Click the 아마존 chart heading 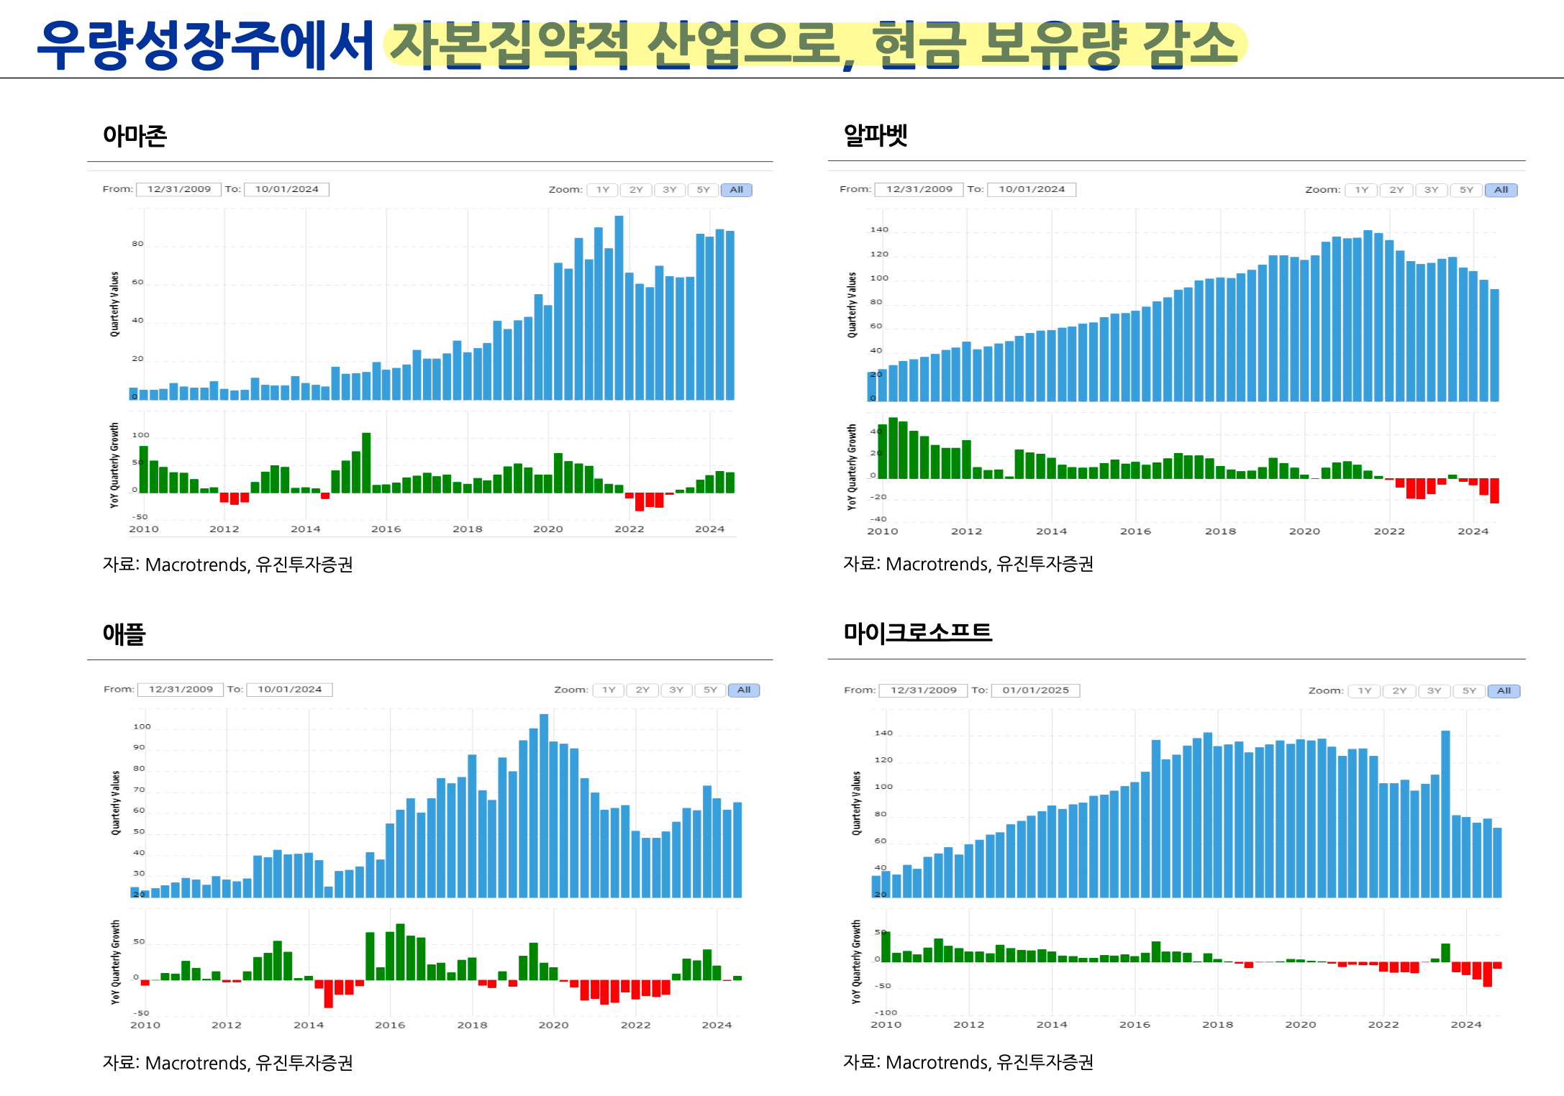click(135, 135)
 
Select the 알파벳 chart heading click(875, 134)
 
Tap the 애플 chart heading click(124, 634)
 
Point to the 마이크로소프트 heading click(917, 632)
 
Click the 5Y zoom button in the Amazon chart click(703, 190)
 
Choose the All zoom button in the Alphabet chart click(1501, 190)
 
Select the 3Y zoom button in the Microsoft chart click(1434, 690)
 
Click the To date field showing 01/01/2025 click(1035, 690)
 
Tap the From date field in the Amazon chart click(179, 189)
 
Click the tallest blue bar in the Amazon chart click(619, 309)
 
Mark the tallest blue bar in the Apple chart click(544, 805)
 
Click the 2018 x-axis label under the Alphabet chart click(1220, 531)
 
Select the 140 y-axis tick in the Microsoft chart click(883, 733)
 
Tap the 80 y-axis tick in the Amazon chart click(137, 244)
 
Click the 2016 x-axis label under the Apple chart click(390, 1025)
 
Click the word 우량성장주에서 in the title click(206, 45)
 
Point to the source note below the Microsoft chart click(968, 1062)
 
